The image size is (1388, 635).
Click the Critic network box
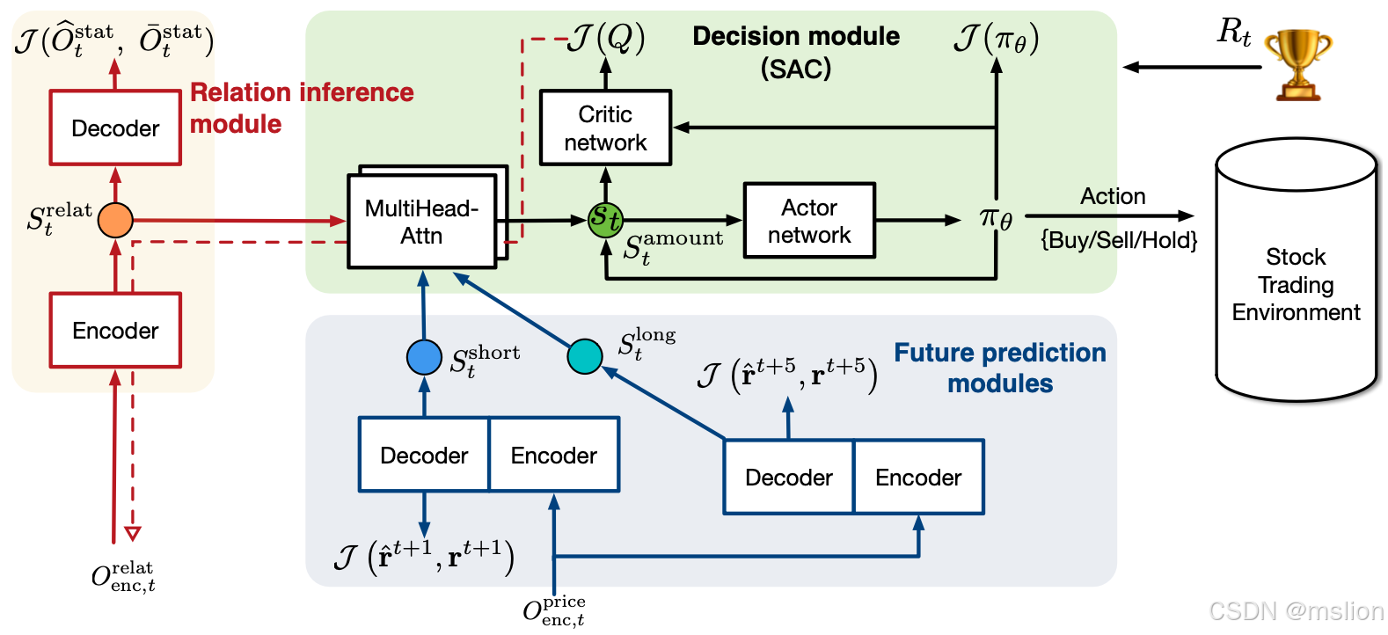click(605, 128)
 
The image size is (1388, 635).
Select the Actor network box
click(809, 221)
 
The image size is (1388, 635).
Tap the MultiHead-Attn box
click(422, 222)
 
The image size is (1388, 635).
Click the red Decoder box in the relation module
click(115, 128)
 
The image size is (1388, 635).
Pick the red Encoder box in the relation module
click(115, 330)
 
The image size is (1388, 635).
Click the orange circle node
click(115, 220)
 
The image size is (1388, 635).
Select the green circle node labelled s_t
click(605, 218)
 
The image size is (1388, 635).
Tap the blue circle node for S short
click(424, 357)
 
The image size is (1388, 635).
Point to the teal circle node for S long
click(585, 356)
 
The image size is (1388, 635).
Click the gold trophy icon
click(1297, 63)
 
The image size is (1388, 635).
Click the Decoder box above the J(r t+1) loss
click(424, 455)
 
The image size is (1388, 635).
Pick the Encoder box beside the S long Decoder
click(918, 477)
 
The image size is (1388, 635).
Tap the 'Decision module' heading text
click(796, 36)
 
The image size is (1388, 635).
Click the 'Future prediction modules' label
click(1000, 368)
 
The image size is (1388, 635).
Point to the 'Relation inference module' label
click(301, 107)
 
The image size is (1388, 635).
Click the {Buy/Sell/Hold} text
click(1119, 240)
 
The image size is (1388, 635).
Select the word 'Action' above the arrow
click(1113, 196)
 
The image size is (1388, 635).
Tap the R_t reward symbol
click(1233, 33)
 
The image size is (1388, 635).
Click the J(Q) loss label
click(607, 38)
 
